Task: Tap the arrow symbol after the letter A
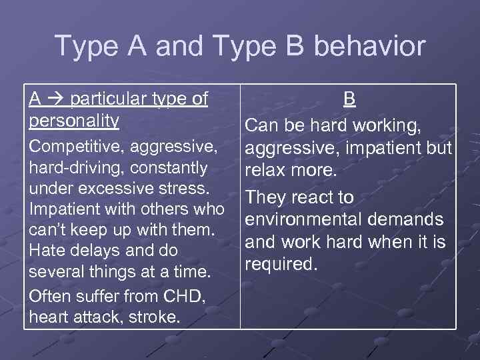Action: point(54,99)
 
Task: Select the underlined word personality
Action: point(74,121)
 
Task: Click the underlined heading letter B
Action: point(349,99)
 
